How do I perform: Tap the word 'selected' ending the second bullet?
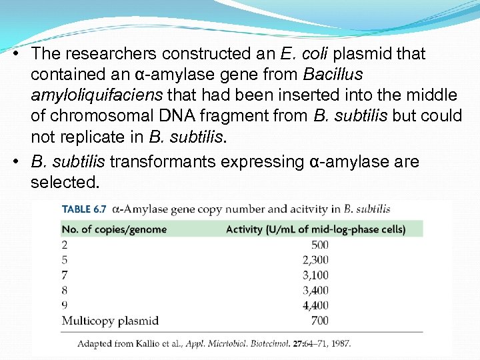[63, 182]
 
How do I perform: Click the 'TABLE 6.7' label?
[84, 209]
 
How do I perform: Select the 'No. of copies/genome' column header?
[114, 229]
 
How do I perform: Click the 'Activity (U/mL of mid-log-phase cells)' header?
[315, 229]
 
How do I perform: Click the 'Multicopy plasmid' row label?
[110, 321]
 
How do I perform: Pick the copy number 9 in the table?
[65, 305]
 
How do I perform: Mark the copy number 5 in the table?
[65, 259]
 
